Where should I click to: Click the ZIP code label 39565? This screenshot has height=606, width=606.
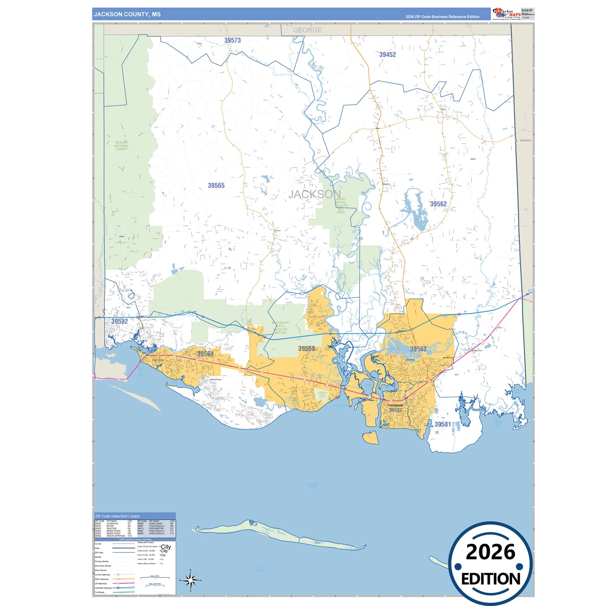click(x=216, y=185)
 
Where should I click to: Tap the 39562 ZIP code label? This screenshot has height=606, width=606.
click(x=438, y=204)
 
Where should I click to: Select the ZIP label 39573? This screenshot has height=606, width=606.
click(x=232, y=40)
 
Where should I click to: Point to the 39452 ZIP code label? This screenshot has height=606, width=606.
click(x=388, y=55)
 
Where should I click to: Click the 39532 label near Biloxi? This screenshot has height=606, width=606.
click(x=120, y=321)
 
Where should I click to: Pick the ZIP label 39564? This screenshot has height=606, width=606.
click(x=205, y=354)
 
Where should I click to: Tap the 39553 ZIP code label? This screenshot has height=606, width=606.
click(x=306, y=349)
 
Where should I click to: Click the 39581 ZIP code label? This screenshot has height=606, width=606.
click(x=442, y=424)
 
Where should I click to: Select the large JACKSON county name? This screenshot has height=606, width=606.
click(x=315, y=194)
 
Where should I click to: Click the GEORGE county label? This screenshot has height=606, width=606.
click(x=307, y=30)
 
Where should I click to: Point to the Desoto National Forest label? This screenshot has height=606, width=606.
click(x=122, y=146)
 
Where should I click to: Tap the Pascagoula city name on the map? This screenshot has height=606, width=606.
click(x=395, y=405)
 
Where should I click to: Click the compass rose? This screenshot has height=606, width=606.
click(x=190, y=581)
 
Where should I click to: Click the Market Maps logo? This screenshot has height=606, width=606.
click(x=507, y=14)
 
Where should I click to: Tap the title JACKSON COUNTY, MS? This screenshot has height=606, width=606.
click(x=127, y=14)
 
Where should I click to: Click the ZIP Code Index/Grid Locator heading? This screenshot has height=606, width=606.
click(x=118, y=516)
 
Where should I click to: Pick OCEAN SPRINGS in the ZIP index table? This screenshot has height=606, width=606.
click(x=116, y=536)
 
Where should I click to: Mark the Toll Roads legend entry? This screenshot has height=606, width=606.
click(x=99, y=592)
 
